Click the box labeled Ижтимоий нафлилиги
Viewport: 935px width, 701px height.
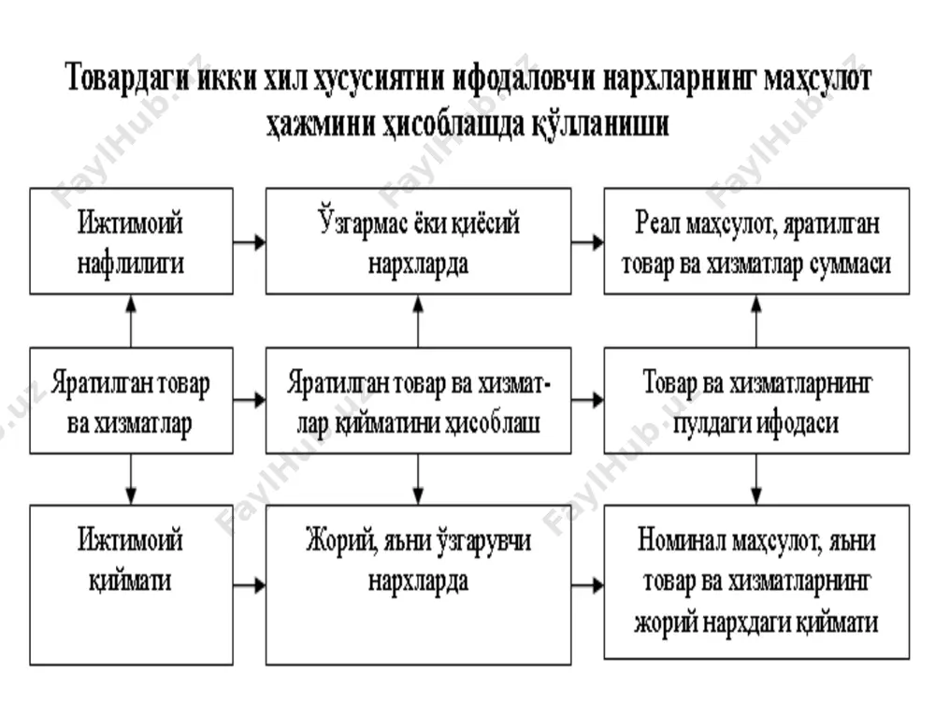131,241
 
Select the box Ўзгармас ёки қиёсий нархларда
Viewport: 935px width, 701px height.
418,241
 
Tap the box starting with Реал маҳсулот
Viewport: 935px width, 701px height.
756,241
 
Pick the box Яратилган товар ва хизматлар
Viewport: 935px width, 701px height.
131,401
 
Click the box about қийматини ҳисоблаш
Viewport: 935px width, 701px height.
418,401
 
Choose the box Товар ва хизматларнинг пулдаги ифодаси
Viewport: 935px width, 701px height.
756,401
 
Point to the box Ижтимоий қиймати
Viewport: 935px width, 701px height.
131,585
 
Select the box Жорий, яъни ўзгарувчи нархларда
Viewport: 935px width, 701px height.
418,585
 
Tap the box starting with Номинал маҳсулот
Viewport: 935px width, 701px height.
756,581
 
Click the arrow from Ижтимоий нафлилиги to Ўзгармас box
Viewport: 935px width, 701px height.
250,242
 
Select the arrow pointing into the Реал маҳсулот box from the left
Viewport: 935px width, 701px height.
587,242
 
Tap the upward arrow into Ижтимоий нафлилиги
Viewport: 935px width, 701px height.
131,322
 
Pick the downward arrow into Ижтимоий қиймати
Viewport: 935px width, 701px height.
131,479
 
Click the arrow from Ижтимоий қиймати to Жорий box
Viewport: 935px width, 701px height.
250,585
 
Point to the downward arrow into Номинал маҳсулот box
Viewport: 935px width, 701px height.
756,479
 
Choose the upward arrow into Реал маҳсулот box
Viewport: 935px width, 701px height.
756,322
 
